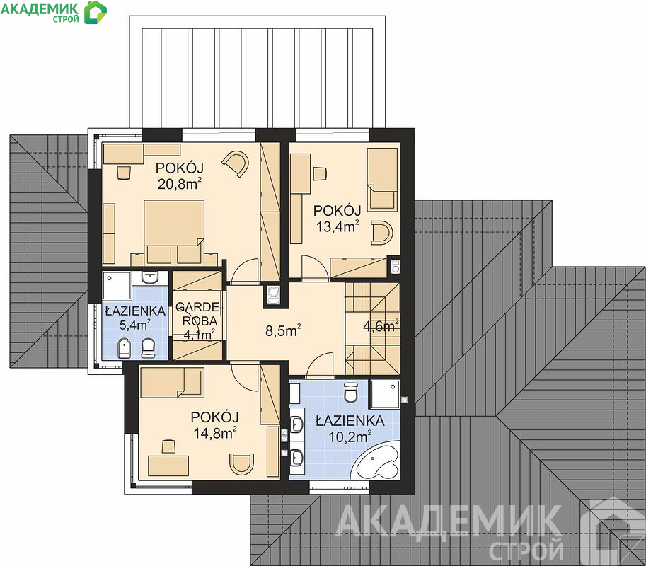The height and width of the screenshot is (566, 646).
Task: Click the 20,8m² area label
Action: [x=180, y=184]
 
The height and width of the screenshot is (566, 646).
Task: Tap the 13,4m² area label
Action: [x=338, y=226]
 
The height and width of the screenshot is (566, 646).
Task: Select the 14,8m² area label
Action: [x=214, y=433]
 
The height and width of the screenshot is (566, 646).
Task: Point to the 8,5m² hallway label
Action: [x=283, y=330]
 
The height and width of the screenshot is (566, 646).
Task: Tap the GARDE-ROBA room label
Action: [x=200, y=314]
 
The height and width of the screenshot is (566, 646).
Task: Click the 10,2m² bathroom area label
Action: [x=350, y=437]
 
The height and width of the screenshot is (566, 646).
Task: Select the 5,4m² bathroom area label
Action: [x=134, y=325]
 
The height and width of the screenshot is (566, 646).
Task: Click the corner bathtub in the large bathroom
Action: [x=379, y=461]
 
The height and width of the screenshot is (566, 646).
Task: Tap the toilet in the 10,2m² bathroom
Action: [x=351, y=392]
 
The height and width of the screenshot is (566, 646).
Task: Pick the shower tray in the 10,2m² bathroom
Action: [x=385, y=394]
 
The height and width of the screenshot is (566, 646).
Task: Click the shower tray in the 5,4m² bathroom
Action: [x=117, y=285]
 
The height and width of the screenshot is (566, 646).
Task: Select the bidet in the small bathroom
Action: [x=123, y=348]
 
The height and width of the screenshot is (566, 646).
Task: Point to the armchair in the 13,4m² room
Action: [x=382, y=232]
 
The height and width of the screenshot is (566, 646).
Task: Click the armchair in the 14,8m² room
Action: [x=241, y=464]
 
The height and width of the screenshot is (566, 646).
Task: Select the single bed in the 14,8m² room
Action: [x=172, y=383]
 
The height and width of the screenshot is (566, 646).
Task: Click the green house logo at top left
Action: [x=96, y=12]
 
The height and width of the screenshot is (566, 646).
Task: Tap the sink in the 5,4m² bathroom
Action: [x=149, y=277]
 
